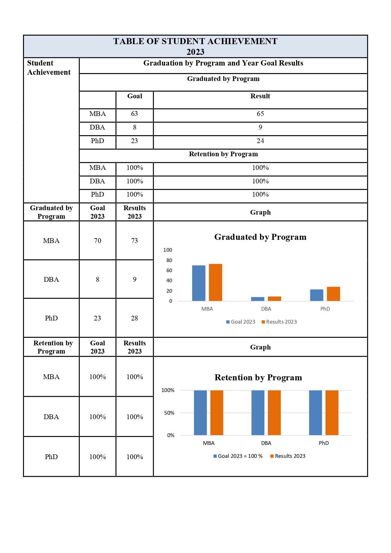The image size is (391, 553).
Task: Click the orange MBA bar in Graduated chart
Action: [215, 282]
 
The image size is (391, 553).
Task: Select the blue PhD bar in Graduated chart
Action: [316, 295]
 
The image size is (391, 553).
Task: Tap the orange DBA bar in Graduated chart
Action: [274, 299]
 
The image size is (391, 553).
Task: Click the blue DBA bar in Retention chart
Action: [258, 412]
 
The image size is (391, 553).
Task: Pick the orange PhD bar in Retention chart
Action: [332, 412]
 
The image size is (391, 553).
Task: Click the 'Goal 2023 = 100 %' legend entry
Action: [238, 456]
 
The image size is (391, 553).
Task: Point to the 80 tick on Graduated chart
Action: [169, 260]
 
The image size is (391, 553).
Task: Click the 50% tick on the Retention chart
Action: [169, 413]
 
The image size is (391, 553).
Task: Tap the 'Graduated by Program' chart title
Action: [260, 237]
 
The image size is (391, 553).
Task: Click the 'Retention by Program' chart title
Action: [258, 377]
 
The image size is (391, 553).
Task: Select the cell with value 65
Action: [260, 114]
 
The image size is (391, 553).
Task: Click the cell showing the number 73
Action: [135, 241]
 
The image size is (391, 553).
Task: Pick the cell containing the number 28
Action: [135, 318]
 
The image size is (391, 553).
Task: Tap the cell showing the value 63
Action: [135, 114]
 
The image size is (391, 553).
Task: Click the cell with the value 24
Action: [260, 141]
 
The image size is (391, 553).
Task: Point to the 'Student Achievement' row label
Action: [49, 68]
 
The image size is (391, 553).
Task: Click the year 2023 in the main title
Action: [195, 52]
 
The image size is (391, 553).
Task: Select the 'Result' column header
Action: [260, 96]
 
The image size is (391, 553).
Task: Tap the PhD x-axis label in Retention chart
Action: [324, 443]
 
